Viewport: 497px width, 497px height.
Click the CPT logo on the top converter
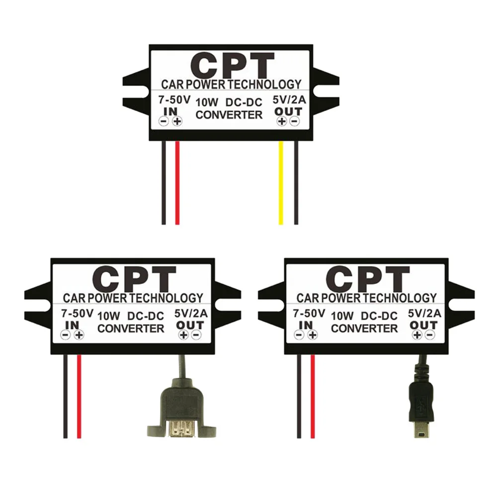pos(232,65)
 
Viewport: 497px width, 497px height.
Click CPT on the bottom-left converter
pos(134,279)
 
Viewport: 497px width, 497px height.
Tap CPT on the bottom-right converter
pos(368,279)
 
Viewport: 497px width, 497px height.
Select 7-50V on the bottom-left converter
pos(76,314)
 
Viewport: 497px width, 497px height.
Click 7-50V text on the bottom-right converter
pos(309,314)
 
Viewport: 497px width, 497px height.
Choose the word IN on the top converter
pos(169,110)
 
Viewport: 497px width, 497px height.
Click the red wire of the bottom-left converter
pos(79,398)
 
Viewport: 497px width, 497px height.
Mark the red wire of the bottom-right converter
pos(312,398)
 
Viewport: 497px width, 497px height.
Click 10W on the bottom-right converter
pos(342,315)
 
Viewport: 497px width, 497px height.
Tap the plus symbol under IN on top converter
pos(176,121)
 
